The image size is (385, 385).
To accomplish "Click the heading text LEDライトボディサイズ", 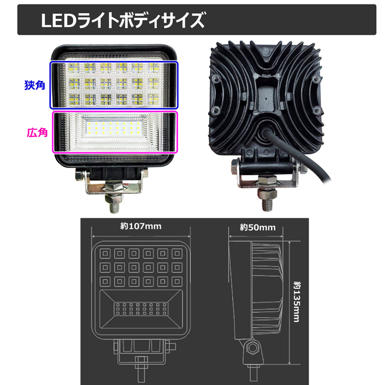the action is tap(123, 20).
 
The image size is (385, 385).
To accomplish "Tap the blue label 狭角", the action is tap(35, 85).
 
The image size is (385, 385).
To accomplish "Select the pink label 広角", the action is tap(37, 133).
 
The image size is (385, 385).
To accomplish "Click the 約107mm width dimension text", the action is tap(141, 226).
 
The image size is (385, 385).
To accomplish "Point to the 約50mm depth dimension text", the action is tap(257, 227).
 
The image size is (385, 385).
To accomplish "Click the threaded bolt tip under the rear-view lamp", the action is tap(268, 205).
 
